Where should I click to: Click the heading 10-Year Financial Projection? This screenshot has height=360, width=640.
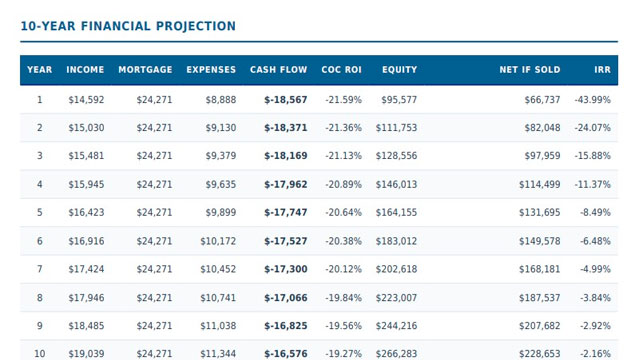[128, 26]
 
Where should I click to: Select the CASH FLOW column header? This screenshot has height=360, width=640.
[278, 70]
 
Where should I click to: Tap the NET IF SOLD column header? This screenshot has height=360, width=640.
[530, 70]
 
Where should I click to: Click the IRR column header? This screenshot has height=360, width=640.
[602, 70]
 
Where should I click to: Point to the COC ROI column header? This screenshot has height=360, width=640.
[341, 70]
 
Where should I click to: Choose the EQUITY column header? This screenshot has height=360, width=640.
[399, 70]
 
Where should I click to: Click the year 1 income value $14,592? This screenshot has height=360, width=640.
[86, 100]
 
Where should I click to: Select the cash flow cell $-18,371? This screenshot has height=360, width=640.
[286, 128]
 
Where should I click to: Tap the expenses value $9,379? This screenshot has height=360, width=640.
[220, 156]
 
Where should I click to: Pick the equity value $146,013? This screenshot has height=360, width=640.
[396, 184]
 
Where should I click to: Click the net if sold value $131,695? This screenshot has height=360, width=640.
[540, 213]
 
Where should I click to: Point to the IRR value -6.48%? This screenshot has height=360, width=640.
[596, 241]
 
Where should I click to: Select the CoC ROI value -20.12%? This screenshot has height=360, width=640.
[343, 269]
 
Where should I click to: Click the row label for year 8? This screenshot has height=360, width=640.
[40, 298]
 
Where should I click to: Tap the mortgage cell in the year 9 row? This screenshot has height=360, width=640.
[154, 326]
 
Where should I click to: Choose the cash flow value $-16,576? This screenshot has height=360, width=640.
[286, 354]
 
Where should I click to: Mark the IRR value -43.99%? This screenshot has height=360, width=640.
[593, 100]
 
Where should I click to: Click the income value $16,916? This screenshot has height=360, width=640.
[86, 241]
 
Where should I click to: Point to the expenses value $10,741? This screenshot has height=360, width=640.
[218, 298]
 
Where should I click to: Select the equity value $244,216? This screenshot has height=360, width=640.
[396, 326]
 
